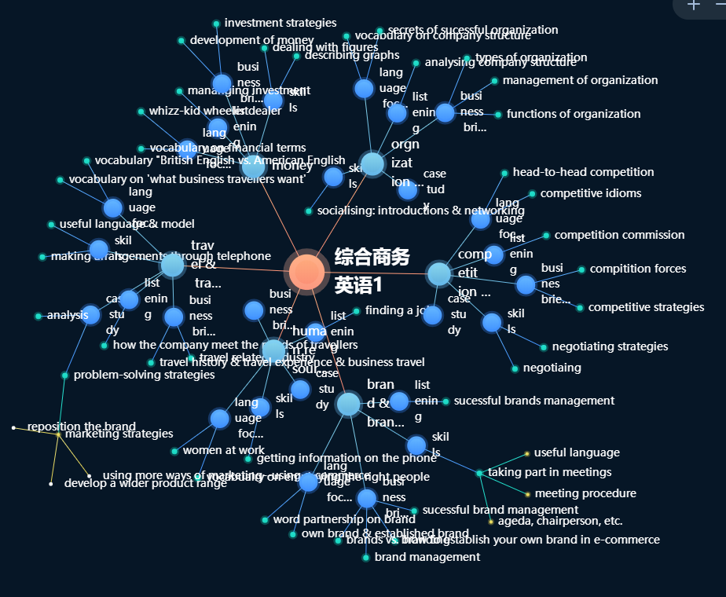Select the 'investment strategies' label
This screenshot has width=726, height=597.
(x=280, y=23)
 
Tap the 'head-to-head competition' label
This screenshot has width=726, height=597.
(x=583, y=172)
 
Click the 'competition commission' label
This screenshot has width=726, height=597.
(x=619, y=235)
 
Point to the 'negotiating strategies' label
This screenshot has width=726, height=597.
(x=610, y=346)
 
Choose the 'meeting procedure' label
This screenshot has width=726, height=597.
(x=585, y=493)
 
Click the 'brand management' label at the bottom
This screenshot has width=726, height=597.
(x=427, y=557)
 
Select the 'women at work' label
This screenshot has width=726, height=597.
(x=223, y=450)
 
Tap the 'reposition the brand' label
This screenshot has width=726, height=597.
(x=82, y=427)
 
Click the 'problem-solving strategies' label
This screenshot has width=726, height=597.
(x=144, y=375)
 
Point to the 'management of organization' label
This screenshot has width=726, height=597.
(x=580, y=80)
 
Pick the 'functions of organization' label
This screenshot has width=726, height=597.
(x=574, y=114)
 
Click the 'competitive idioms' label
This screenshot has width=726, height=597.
(x=591, y=193)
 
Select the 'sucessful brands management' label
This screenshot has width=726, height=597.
(x=534, y=401)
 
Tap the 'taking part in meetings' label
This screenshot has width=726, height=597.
(x=550, y=472)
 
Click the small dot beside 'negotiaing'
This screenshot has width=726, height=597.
(x=515, y=368)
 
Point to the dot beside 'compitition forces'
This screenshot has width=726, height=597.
(x=581, y=269)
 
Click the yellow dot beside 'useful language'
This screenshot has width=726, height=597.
(x=526, y=453)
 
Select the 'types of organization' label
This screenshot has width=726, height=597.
(x=531, y=57)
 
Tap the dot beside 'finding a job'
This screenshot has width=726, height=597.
(x=357, y=311)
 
